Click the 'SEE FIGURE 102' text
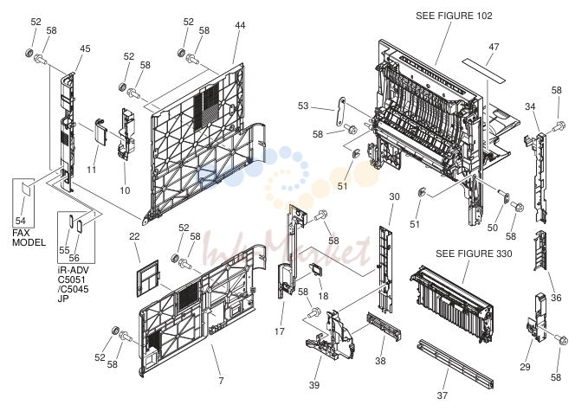point(454,16)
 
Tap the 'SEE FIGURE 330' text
point(474,254)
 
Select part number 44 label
point(240,25)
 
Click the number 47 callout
point(494,47)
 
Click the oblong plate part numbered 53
point(341,111)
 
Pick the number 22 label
point(134,236)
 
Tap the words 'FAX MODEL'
point(29,238)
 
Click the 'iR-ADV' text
point(74,270)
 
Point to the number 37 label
point(443,395)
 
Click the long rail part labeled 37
point(455,363)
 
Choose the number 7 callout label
point(221,381)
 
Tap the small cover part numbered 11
point(100,132)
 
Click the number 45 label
point(85,48)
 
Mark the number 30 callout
point(394,196)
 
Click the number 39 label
point(314,385)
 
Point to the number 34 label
point(530,106)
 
